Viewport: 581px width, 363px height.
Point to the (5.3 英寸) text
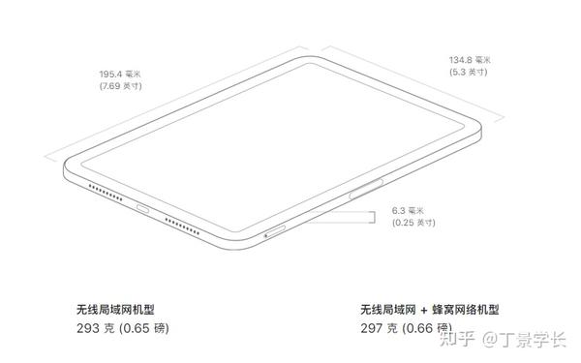pyautogui.click(x=469, y=72)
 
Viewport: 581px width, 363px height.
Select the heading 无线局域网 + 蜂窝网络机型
pyautogui.click(x=429, y=309)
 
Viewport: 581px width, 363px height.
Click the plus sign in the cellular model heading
pyautogui.click(x=425, y=309)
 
